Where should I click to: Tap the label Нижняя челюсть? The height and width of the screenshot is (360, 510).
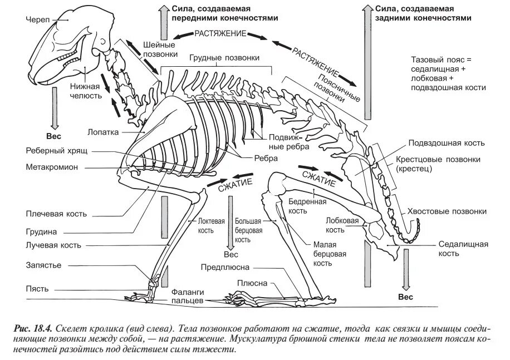tap(85, 91)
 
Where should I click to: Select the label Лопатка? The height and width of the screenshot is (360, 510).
tap(102, 132)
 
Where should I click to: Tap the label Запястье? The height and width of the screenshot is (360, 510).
tap(43, 265)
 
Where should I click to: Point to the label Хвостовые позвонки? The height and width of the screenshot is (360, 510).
tap(447, 211)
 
